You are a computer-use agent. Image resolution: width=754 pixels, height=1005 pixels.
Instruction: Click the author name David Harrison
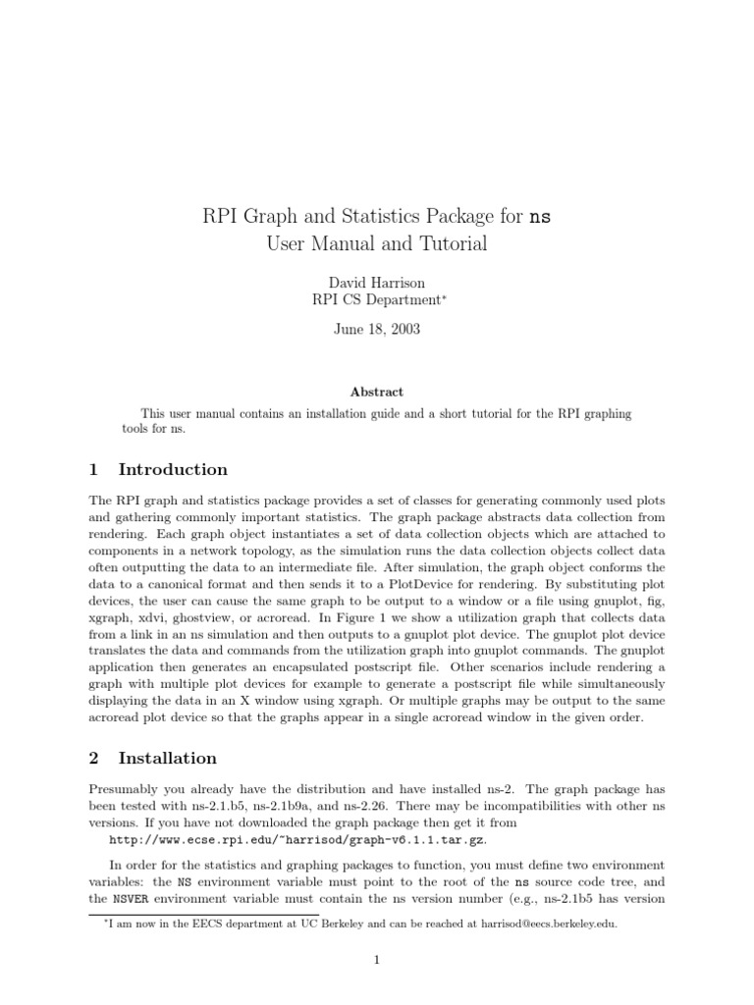pyautogui.click(x=377, y=283)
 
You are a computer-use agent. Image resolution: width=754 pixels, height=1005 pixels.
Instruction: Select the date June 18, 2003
pyautogui.click(x=377, y=329)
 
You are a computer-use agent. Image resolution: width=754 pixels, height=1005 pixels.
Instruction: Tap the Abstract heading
pyautogui.click(x=377, y=391)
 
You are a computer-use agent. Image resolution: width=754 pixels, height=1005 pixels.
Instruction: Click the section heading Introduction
pyautogui.click(x=173, y=469)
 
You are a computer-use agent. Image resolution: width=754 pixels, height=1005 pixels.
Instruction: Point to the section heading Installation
pyautogui.click(x=167, y=758)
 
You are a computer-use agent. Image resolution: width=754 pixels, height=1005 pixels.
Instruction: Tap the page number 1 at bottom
pyautogui.click(x=376, y=960)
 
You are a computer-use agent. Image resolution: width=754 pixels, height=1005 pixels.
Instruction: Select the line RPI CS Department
pyautogui.click(x=377, y=301)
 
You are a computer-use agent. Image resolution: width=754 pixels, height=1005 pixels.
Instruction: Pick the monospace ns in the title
pyautogui.click(x=540, y=216)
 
